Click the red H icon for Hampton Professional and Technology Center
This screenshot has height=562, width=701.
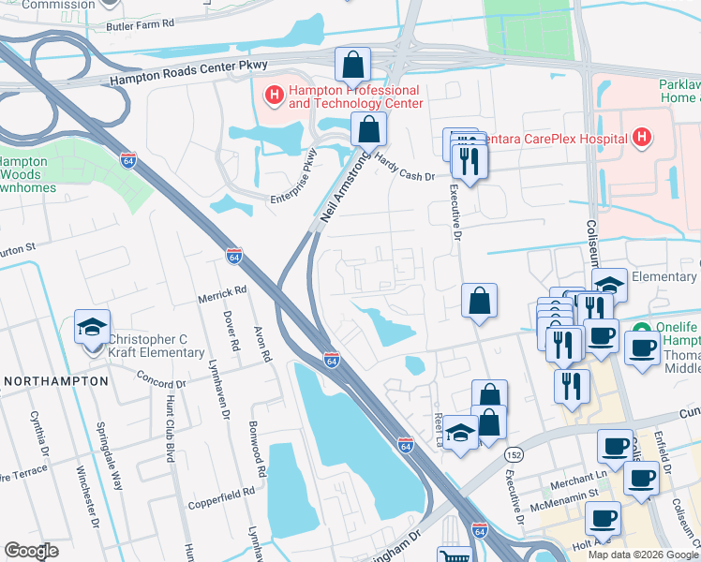[274, 95]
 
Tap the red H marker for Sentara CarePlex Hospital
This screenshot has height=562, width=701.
[642, 139]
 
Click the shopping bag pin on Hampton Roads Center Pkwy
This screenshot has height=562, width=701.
[353, 66]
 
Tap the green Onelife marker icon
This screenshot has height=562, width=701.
[642, 331]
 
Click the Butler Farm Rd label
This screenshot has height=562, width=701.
[142, 27]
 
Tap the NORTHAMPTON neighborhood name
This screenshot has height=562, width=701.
[56, 382]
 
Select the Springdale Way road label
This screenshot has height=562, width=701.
[110, 458]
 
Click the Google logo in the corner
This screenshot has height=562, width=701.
[31, 551]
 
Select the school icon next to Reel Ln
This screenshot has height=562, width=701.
[459, 434]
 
